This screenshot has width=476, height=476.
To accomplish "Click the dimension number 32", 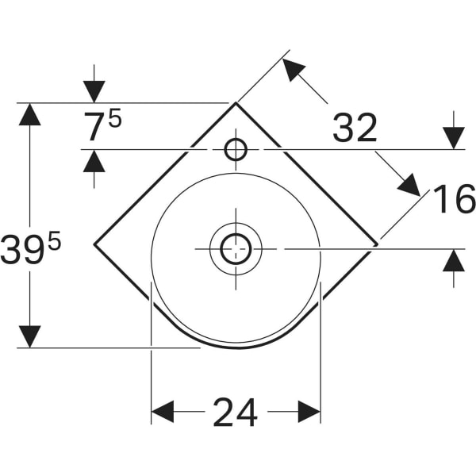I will (x=354, y=129).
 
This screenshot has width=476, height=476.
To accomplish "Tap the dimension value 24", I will (x=235, y=412).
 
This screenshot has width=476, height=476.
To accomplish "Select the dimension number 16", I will (x=454, y=199).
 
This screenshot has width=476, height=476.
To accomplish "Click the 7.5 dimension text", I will (x=102, y=126).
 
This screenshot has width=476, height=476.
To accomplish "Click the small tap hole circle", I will (x=236, y=149).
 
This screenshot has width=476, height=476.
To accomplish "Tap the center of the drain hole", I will (x=236, y=248).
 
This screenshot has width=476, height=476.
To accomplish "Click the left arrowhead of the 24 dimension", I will (x=162, y=411).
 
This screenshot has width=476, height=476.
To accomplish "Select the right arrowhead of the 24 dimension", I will (x=309, y=411).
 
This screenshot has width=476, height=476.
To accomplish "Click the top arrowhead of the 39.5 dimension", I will (x=29, y=114).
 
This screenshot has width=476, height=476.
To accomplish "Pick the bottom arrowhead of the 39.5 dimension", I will (x=29, y=336).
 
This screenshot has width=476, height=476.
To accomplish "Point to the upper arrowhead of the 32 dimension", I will (x=294, y=69).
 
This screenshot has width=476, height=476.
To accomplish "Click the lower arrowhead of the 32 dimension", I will (x=409, y=184).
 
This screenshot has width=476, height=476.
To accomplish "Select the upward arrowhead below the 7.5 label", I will (x=94, y=161).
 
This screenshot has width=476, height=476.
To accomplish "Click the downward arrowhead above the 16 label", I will (x=453, y=138).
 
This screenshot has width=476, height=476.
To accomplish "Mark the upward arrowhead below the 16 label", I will (x=453, y=259).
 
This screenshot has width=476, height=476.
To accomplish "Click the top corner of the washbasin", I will (x=236, y=103).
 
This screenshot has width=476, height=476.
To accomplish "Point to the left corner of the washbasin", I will (x=94, y=244).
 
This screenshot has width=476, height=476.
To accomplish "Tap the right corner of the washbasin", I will (x=377, y=244).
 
